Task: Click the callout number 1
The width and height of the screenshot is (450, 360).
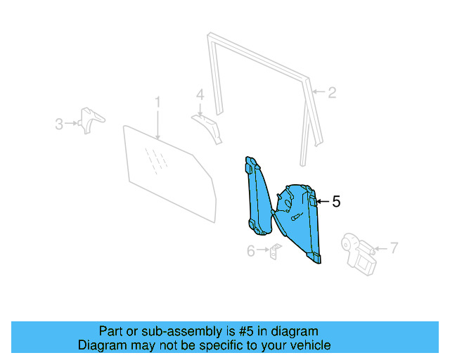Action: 158,103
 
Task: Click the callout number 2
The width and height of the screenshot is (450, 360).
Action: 333,92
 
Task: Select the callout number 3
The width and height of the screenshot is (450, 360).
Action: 59,124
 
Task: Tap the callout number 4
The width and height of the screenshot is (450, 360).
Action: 200,94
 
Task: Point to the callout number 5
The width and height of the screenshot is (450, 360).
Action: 336,202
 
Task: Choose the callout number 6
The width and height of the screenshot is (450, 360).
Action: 250,250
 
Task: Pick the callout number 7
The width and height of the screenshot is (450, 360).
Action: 394,247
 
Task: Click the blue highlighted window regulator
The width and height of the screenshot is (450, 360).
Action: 299,218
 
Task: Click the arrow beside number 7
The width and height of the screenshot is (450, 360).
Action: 381,247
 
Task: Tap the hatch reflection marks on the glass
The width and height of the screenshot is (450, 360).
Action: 157,161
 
